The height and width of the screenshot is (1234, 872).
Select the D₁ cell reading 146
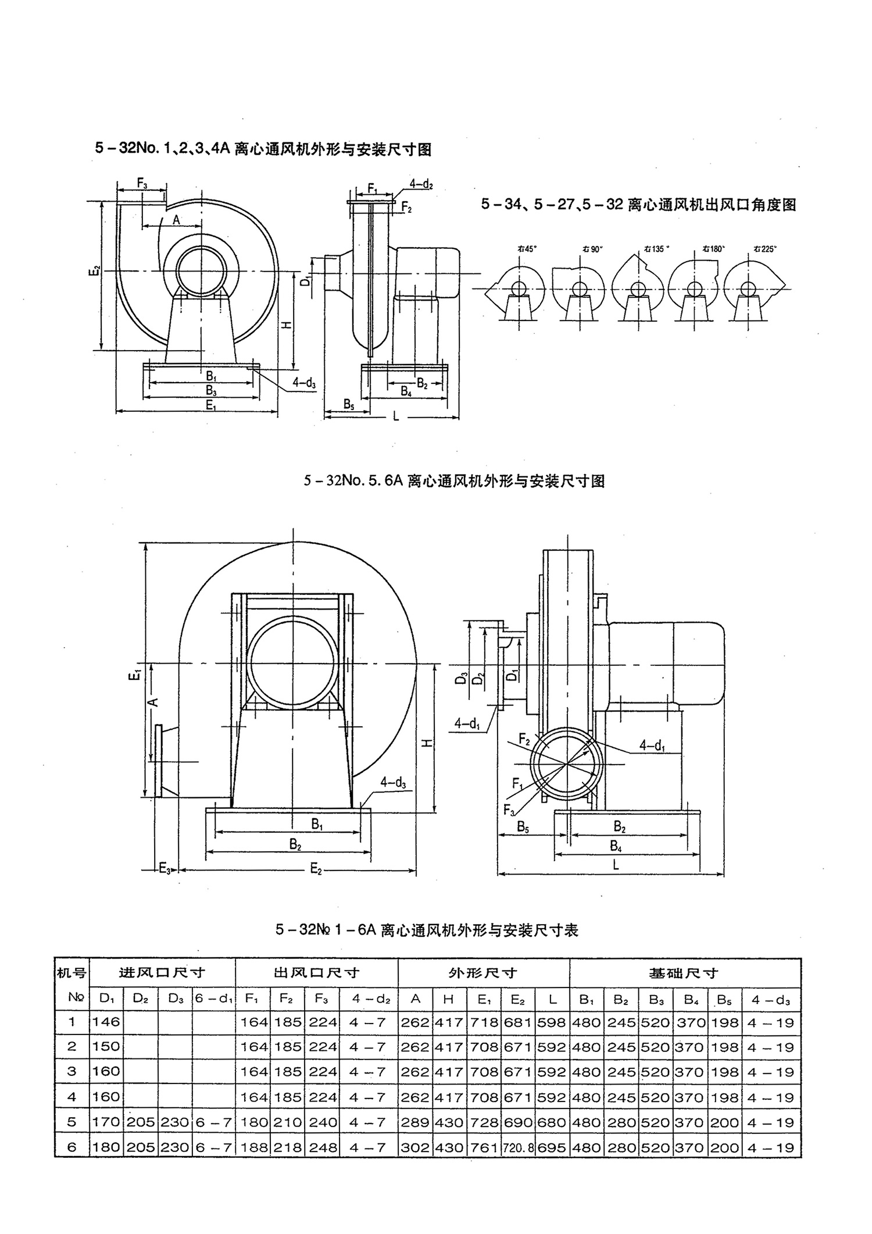tap(106, 1022)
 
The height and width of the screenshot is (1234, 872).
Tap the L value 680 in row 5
tap(552, 1122)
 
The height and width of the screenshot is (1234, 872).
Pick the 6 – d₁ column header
tap(214, 998)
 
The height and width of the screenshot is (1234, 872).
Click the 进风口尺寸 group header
tap(162, 972)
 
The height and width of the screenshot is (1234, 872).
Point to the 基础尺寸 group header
tap(684, 972)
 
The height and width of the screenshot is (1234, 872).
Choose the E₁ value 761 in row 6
tap(484, 1148)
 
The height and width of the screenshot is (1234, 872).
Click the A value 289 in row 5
tap(415, 1122)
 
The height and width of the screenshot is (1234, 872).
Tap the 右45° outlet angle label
tap(527, 248)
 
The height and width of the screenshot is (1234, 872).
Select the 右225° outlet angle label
tap(765, 248)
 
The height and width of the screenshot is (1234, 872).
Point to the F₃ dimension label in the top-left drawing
tap(141, 183)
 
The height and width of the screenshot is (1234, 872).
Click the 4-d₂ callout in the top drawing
tap(421, 184)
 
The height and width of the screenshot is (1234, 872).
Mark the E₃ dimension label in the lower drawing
tap(165, 869)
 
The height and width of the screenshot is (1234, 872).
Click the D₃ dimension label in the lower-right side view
tap(462, 678)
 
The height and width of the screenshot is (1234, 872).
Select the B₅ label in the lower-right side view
tap(523, 827)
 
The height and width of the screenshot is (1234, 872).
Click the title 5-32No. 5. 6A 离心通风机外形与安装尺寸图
tap(454, 481)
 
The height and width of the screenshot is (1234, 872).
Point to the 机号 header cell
tap(72, 972)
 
